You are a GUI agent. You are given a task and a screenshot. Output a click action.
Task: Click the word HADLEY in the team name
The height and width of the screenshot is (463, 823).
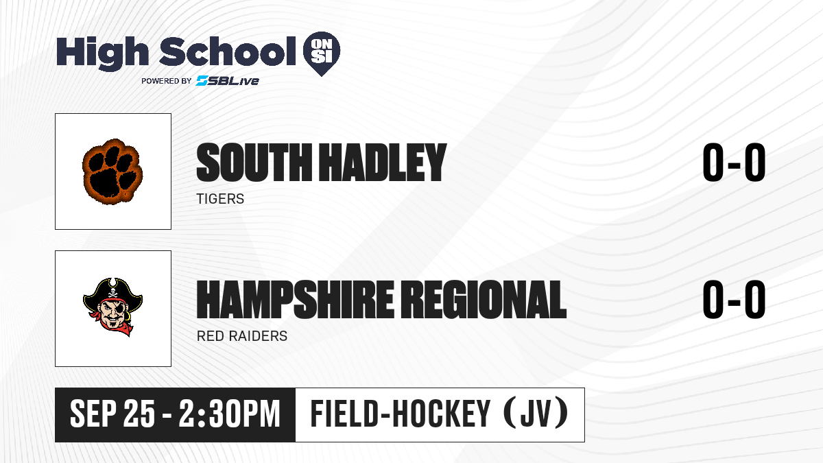[382, 163]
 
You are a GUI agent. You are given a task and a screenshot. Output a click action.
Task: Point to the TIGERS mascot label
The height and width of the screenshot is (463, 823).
[220, 199]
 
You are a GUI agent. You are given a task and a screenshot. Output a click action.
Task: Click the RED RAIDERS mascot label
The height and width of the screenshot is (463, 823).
[242, 336]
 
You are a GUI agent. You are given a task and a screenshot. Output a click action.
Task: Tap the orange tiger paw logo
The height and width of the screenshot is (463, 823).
[112, 171]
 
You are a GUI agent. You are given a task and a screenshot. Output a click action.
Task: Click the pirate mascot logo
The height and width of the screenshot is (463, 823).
[112, 307]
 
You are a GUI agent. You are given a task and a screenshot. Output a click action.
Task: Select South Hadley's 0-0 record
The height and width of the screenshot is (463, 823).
[734, 163]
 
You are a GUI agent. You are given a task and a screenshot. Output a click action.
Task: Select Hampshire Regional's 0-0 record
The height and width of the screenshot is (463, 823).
[734, 300]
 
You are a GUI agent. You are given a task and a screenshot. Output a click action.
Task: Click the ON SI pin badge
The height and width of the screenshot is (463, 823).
[322, 54]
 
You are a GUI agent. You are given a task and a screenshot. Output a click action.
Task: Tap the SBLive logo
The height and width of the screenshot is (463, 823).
[228, 81]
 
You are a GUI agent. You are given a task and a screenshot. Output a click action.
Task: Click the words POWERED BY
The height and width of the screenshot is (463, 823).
[167, 81]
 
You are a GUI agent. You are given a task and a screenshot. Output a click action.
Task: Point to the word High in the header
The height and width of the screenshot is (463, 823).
[102, 54]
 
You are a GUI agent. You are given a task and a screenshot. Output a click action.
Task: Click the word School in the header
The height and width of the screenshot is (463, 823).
[228, 51]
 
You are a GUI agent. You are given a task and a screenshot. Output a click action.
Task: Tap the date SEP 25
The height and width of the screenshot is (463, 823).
[112, 414]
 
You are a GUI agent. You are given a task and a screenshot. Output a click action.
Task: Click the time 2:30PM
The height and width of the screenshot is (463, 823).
[230, 414]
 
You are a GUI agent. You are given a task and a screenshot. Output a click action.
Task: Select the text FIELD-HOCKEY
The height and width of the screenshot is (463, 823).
[401, 414]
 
